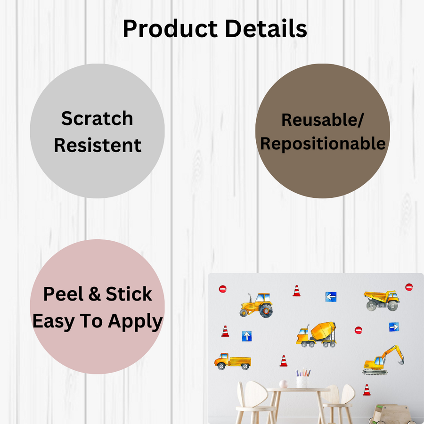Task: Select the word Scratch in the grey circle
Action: tap(97, 119)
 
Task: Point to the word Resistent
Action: tap(98, 145)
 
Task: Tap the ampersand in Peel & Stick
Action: tap(95, 294)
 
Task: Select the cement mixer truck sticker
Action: tap(316, 334)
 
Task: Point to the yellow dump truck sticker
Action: tap(382, 300)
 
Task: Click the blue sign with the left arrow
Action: tap(331, 297)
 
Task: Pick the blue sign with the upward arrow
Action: tap(246, 336)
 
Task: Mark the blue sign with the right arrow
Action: tap(394, 326)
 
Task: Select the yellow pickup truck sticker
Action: tap(232, 361)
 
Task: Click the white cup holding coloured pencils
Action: tap(302, 381)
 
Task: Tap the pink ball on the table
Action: tap(283, 384)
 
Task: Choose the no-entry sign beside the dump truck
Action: tap(409, 287)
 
